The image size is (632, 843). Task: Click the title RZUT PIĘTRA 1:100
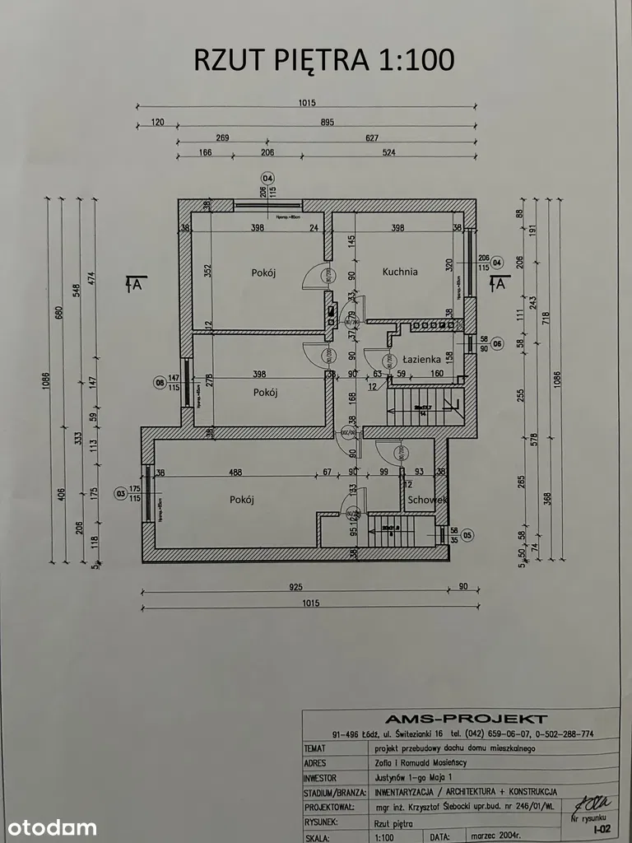(323, 59)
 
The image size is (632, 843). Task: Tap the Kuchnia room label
(400, 271)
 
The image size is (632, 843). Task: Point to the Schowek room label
(426, 500)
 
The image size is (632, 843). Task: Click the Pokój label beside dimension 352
(263, 272)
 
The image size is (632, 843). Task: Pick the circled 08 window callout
(160, 381)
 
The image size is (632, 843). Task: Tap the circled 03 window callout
(122, 494)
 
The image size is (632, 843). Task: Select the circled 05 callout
(467, 534)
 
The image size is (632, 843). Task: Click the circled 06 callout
(496, 343)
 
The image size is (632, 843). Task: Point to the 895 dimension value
(327, 123)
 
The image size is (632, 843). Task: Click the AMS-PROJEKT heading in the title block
(459, 719)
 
